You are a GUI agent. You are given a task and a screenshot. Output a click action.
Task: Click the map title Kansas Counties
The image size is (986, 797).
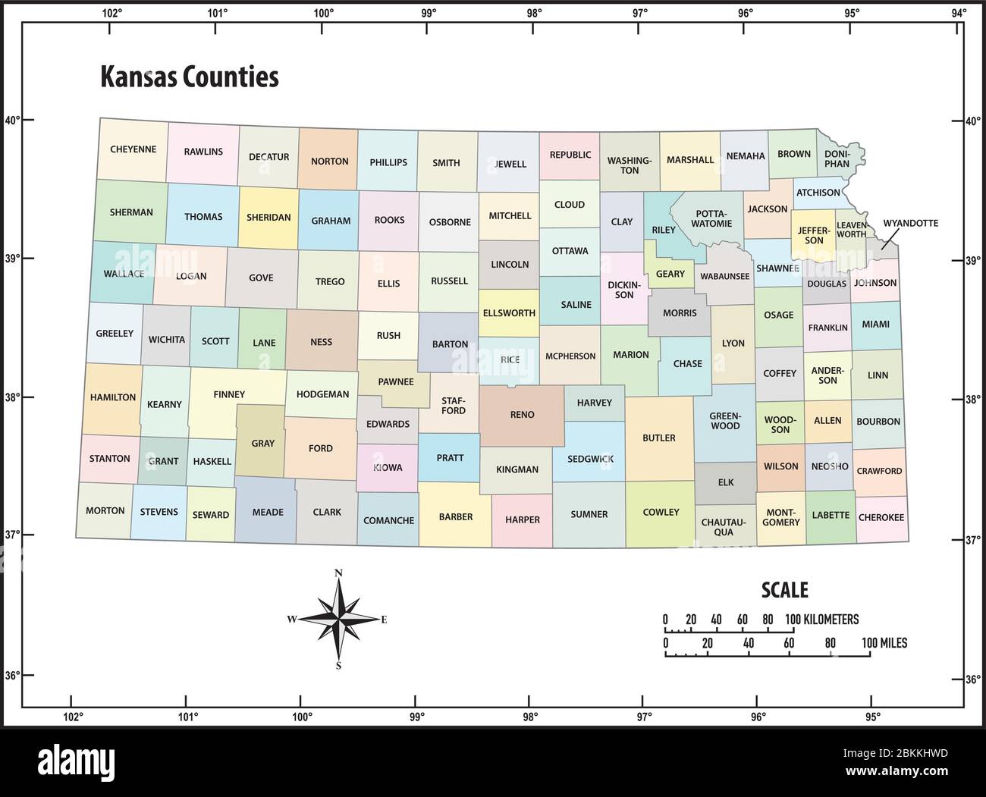(x=190, y=77)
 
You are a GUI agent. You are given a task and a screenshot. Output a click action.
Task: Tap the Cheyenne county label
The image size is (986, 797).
(x=133, y=149)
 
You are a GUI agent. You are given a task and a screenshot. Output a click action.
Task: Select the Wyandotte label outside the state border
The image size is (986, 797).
(x=910, y=224)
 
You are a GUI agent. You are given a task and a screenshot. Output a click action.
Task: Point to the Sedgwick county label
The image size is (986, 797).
(x=589, y=459)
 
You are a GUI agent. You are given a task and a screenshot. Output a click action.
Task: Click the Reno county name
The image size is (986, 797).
(x=522, y=415)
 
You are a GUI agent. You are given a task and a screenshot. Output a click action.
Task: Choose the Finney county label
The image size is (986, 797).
(x=229, y=394)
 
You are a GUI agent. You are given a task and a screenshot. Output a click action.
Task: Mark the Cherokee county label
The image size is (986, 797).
(x=881, y=517)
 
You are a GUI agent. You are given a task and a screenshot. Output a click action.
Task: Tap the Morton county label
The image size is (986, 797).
(x=105, y=510)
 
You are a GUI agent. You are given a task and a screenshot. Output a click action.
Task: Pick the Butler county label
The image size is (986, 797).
(x=658, y=438)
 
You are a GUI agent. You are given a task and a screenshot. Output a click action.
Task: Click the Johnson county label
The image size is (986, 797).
(x=875, y=283)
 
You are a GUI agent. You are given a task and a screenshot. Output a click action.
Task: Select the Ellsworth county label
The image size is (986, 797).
(x=508, y=312)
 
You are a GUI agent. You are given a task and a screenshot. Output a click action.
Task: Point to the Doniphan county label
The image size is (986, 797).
(x=837, y=158)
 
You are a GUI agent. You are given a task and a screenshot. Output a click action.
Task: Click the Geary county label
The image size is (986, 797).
(x=670, y=274)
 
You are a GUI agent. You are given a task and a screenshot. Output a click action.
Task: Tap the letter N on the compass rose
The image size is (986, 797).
(x=339, y=573)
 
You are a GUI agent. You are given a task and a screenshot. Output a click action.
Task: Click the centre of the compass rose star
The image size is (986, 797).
(x=339, y=620)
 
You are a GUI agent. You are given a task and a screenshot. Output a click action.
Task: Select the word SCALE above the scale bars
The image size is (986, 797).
(x=784, y=590)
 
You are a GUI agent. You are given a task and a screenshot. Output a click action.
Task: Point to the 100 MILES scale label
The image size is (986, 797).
(x=884, y=643)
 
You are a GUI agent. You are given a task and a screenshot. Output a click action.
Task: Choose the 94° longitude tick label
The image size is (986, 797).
(x=959, y=11)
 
